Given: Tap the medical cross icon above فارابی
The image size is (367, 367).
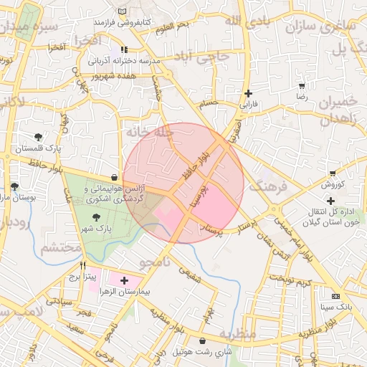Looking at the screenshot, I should click(x=248, y=93).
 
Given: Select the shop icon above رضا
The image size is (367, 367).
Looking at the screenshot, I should click(x=302, y=85).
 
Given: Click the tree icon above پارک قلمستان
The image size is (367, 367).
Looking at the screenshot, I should click(x=37, y=137).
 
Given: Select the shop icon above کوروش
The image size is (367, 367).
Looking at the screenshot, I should click(x=332, y=173).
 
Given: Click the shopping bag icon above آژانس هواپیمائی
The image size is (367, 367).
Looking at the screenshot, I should click(x=115, y=177).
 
